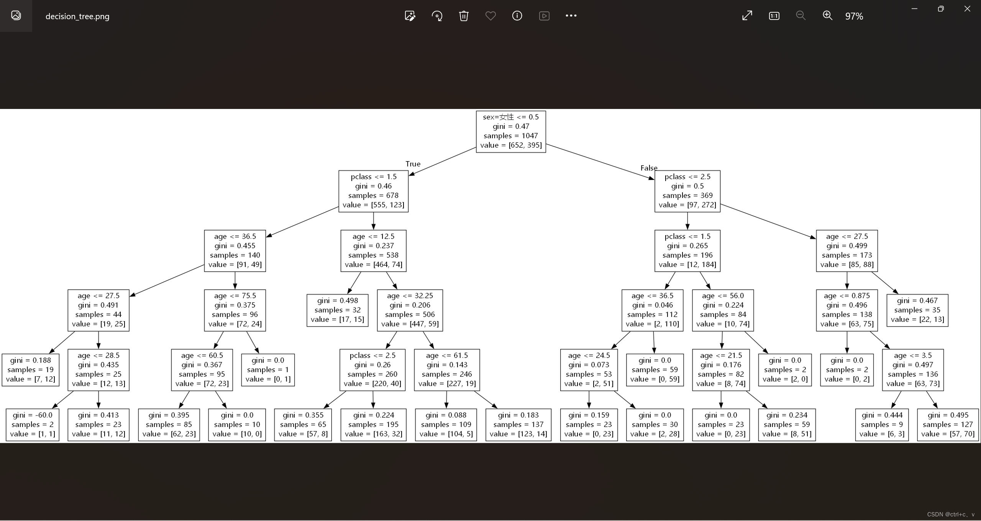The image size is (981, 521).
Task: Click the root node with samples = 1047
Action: click(511, 132)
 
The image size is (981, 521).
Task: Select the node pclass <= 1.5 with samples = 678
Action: click(373, 191)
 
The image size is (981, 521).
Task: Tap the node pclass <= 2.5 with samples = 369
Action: click(687, 191)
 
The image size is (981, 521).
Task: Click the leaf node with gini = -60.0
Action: click(33, 425)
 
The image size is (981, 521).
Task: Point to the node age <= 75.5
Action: click(235, 310)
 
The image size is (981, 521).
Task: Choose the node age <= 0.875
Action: click(846, 310)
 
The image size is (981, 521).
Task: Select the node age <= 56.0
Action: click(723, 310)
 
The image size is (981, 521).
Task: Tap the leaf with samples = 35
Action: click(917, 310)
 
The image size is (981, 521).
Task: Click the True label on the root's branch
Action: click(413, 164)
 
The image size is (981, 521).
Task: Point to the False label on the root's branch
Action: click(649, 168)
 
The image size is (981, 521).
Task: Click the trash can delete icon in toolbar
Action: click(464, 16)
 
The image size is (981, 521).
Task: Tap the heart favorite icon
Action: click(490, 16)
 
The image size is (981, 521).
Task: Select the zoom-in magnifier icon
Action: click(827, 16)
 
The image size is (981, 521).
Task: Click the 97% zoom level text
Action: click(854, 16)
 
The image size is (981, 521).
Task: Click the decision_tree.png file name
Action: click(77, 16)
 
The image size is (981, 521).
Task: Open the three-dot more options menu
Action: click(571, 16)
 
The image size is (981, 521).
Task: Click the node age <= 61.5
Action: click(447, 369)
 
